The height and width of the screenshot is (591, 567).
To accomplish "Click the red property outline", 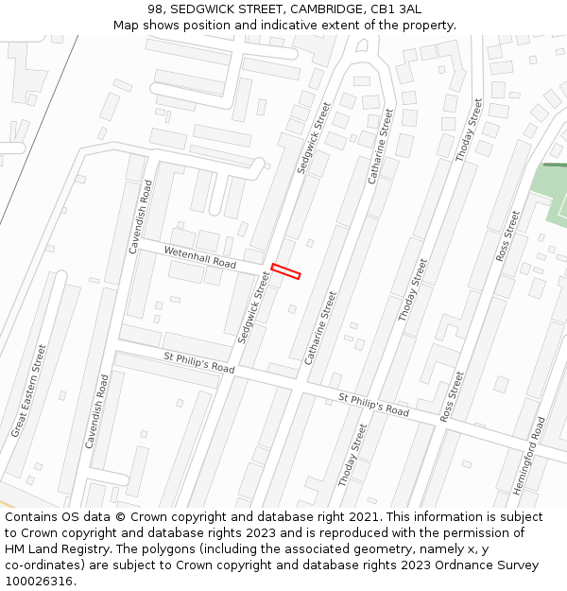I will [285, 271].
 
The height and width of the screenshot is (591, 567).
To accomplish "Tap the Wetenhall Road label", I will [200, 255].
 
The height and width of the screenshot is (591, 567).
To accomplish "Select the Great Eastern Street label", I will [28, 391].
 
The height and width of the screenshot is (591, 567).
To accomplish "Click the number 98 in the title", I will [156, 9].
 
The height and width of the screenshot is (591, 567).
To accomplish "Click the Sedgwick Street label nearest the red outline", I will [254, 307].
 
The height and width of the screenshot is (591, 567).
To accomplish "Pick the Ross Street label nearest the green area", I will [507, 237].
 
